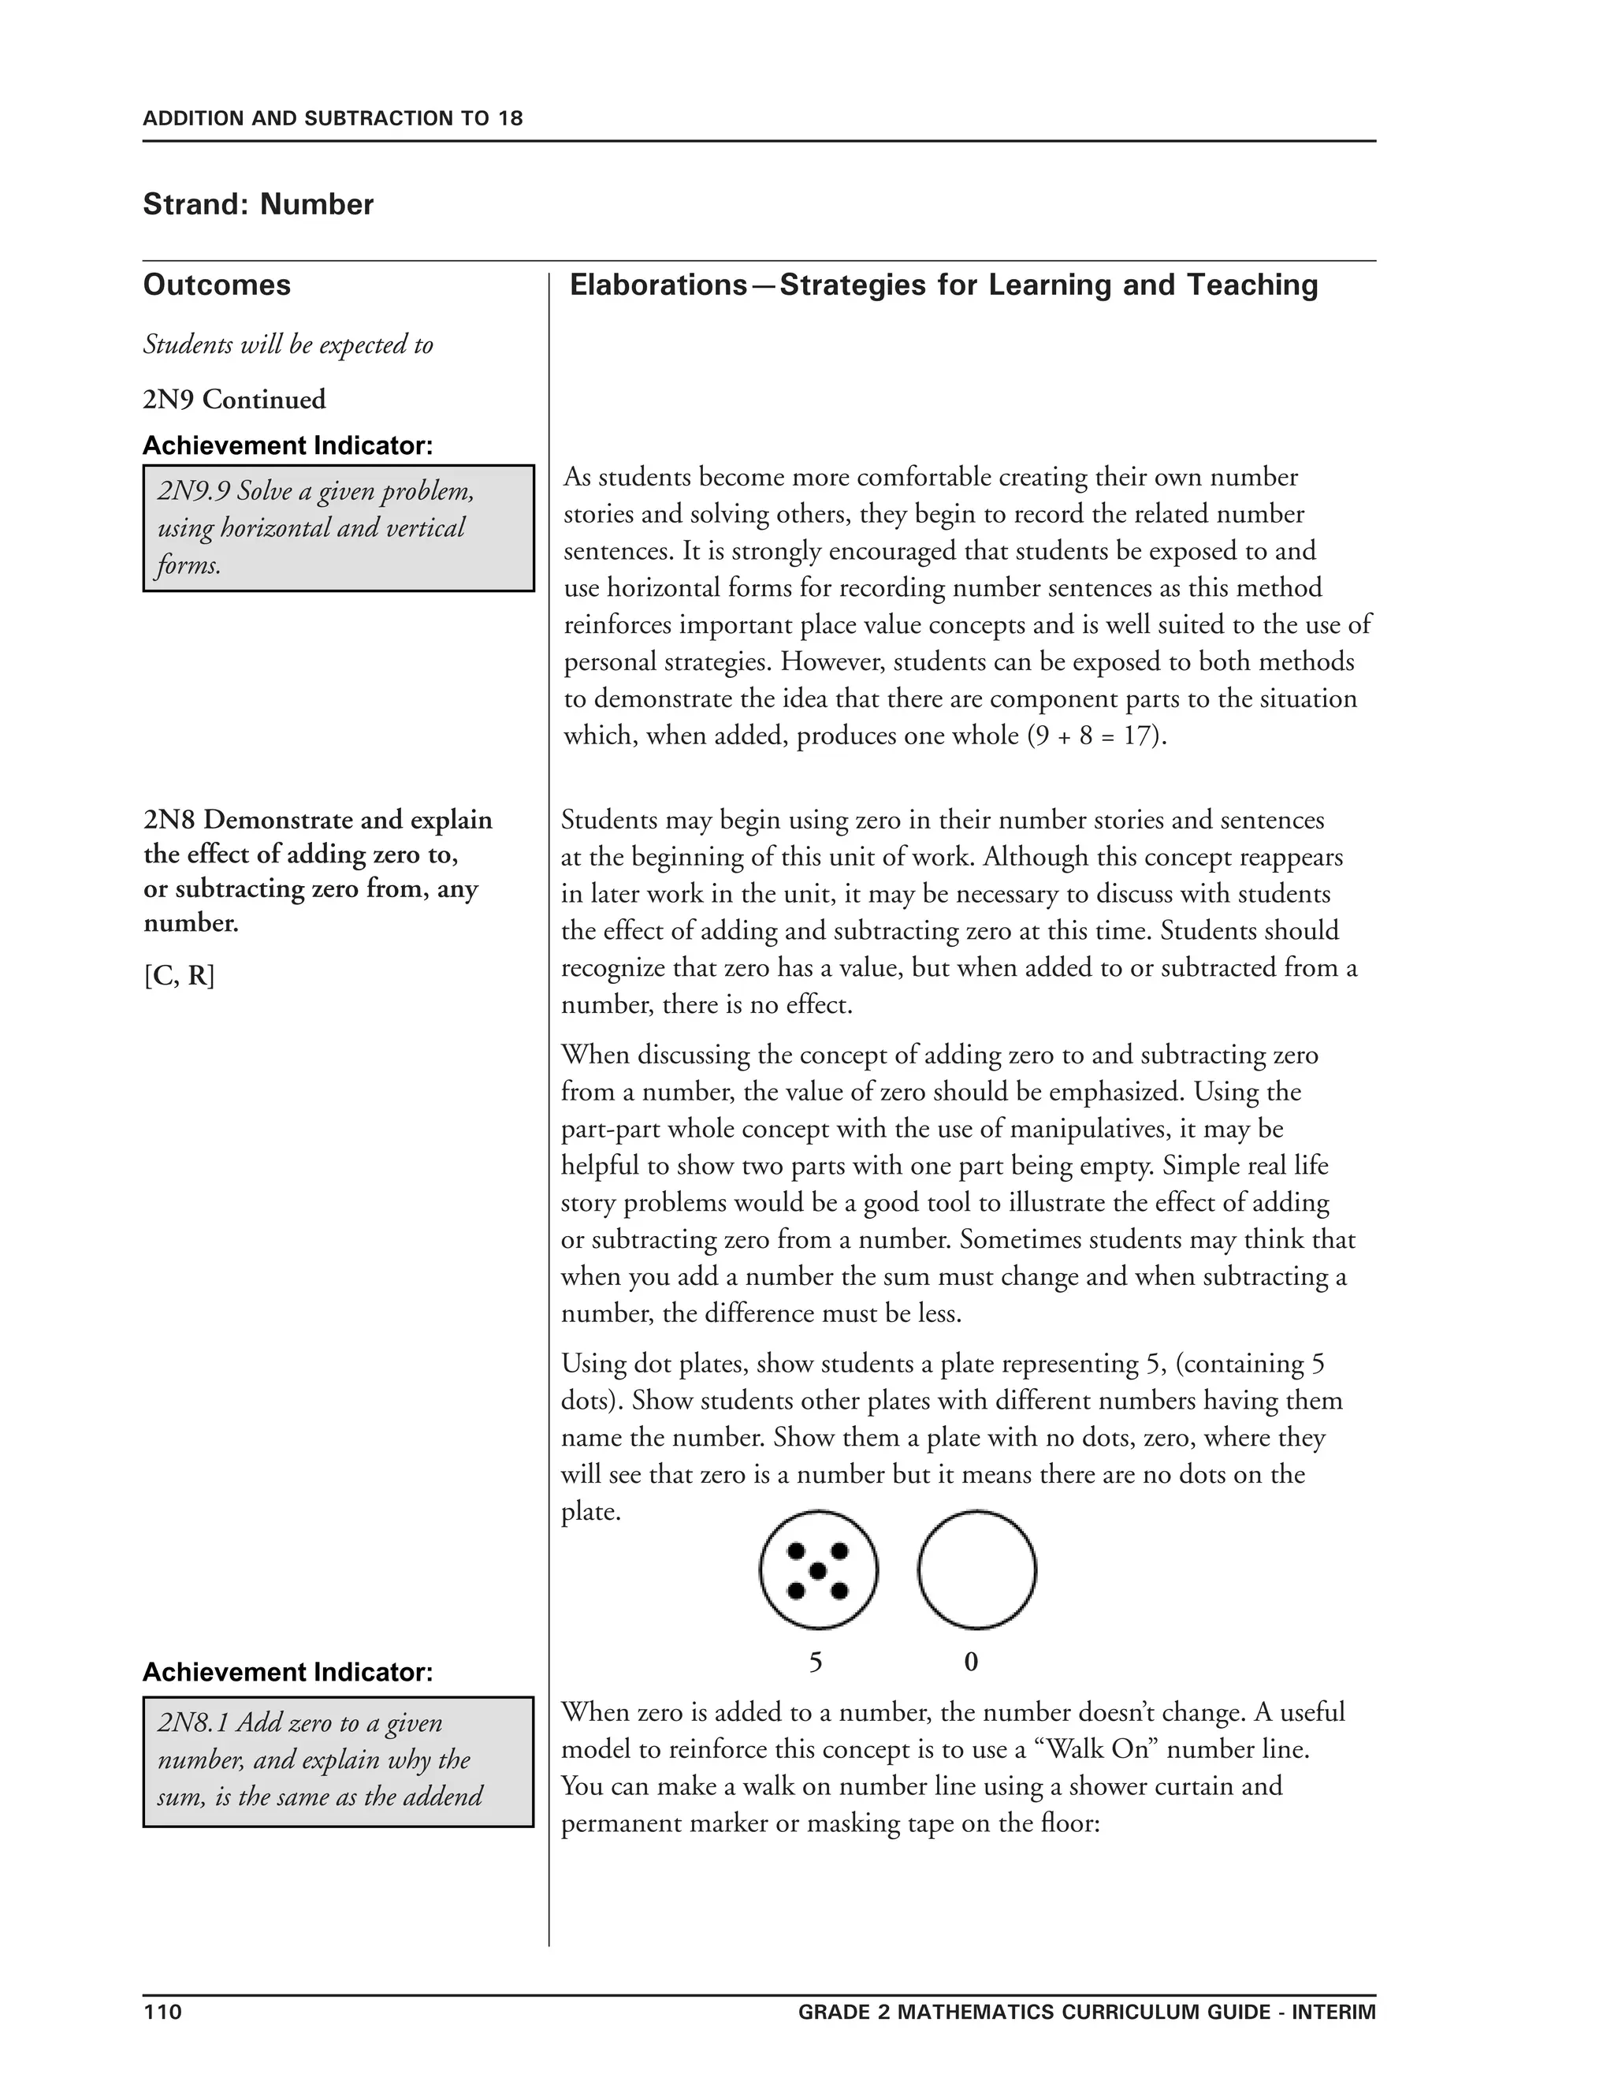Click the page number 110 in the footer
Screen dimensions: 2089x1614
162,2012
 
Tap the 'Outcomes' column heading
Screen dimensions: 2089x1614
217,285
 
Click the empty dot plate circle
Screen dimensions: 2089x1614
976,1570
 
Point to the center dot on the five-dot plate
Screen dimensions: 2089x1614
817,1570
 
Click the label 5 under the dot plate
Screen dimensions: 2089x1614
816,1663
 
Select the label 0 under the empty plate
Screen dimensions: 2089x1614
972,1663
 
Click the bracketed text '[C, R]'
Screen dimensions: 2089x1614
180,976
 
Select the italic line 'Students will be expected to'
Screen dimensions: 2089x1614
288,344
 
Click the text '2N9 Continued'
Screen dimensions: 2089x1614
234,399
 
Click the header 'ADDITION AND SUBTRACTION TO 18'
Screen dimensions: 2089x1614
333,118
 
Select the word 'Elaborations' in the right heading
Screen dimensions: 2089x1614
658,285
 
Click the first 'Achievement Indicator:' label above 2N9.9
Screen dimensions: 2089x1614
288,445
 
